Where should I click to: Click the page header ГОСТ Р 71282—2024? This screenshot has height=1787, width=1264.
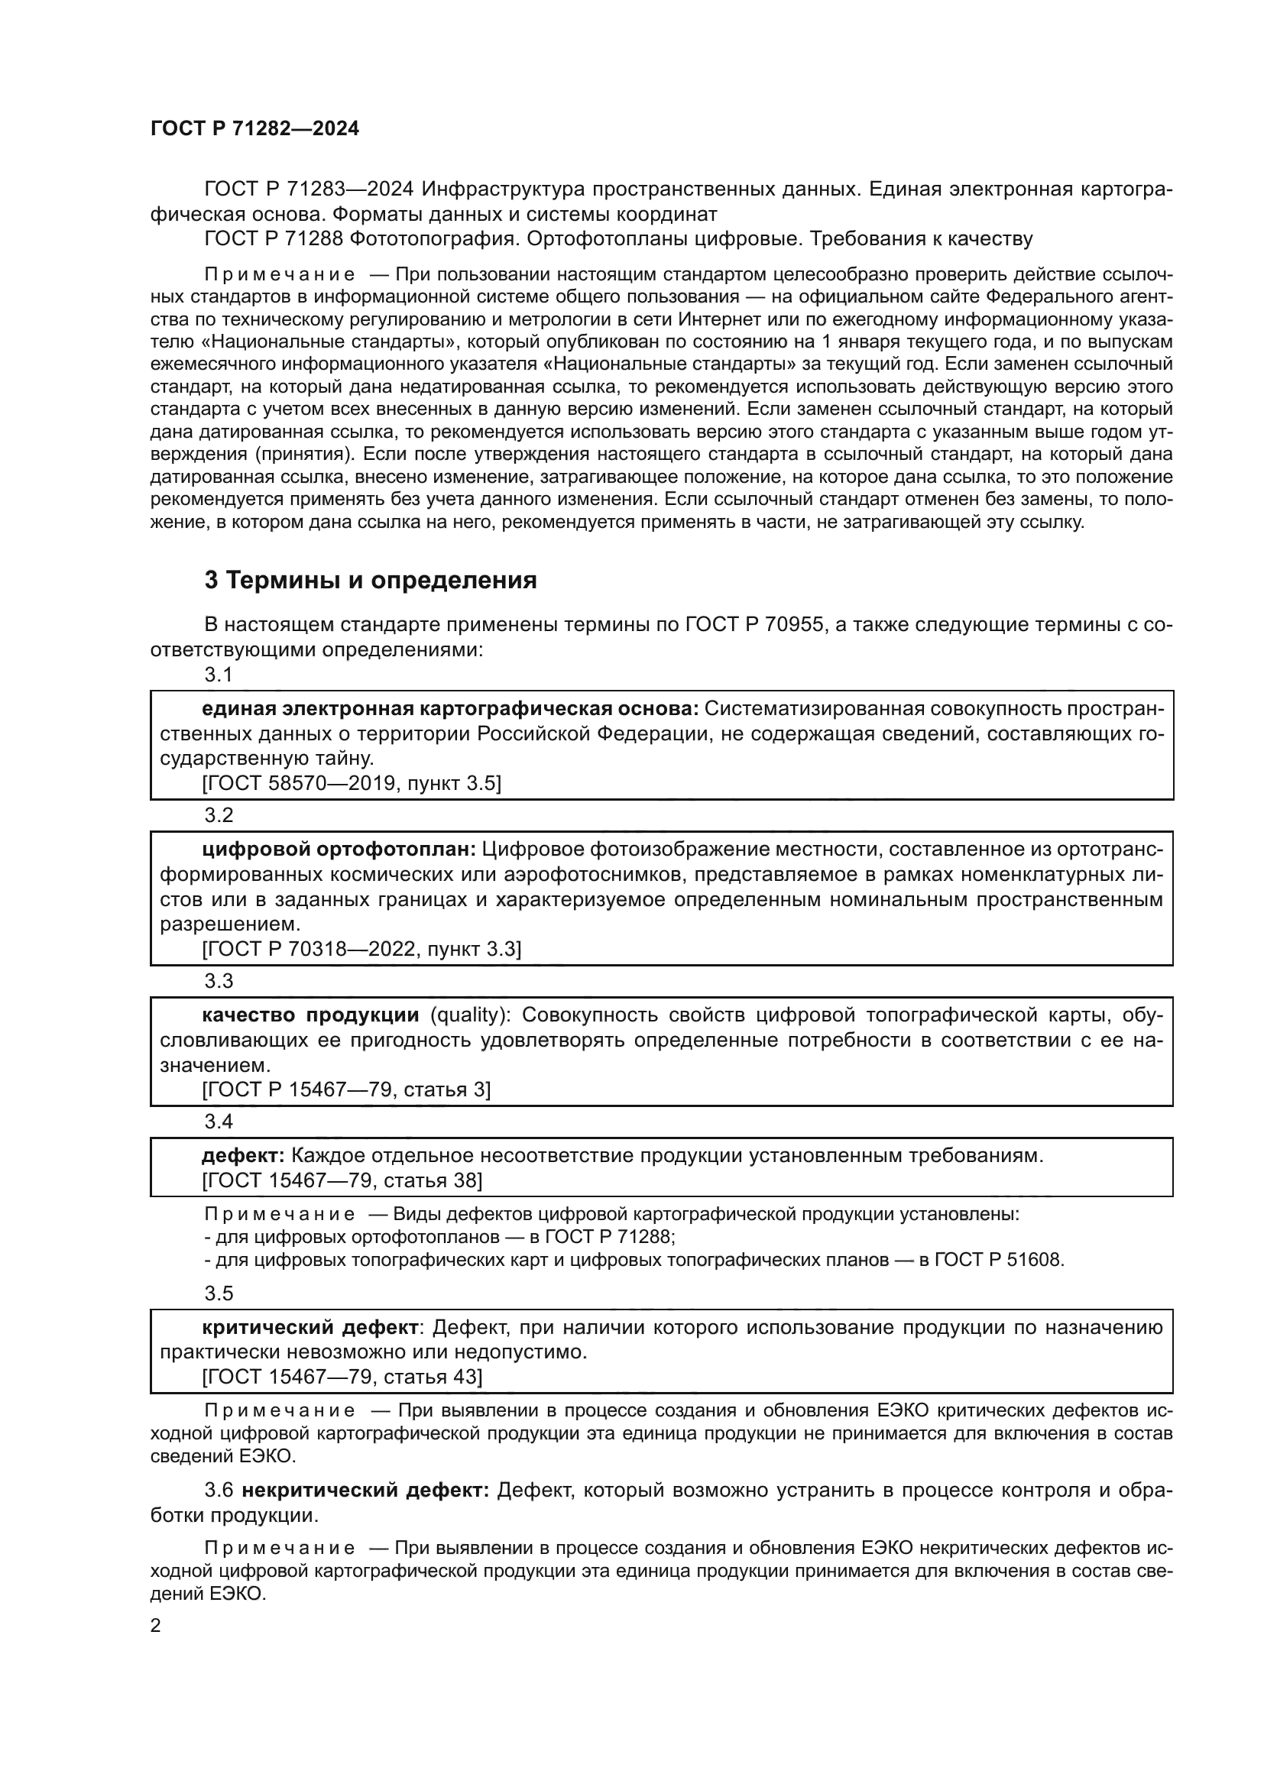tap(254, 128)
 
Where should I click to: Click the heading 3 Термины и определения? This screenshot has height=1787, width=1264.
tap(370, 580)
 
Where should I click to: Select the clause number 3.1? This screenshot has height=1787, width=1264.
tap(219, 675)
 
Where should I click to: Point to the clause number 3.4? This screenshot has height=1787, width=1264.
tap(219, 1122)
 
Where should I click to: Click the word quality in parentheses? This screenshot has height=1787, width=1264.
tap(469, 1015)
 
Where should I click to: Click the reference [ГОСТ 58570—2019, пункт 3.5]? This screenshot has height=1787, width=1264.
tap(351, 783)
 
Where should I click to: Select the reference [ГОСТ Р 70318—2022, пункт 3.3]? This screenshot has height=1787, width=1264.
tap(361, 949)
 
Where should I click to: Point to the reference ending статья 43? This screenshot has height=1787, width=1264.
tap(342, 1377)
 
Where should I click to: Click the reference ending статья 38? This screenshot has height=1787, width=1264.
tap(342, 1180)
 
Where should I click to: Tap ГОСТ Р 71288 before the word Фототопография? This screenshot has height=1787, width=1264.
tap(273, 238)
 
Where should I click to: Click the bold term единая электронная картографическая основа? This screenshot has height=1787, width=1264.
tap(450, 709)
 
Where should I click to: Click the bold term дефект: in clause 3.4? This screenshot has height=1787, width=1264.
tap(244, 1156)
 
